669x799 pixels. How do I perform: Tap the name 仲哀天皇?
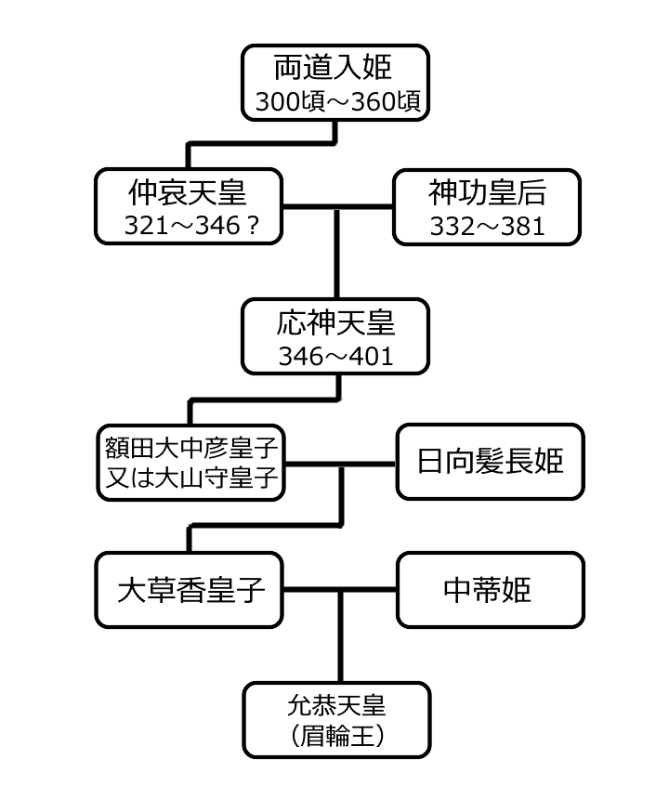point(188,192)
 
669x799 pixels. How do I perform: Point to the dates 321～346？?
point(188,226)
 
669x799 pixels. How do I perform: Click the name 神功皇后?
point(488,192)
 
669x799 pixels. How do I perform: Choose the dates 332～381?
point(488,226)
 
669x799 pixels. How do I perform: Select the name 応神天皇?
point(336,322)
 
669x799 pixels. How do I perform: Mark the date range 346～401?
point(336,355)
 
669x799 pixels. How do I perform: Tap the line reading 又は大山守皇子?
point(190,478)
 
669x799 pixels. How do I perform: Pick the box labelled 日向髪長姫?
point(490,462)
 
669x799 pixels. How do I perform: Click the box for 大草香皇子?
point(189,590)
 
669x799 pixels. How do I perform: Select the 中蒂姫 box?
point(490,590)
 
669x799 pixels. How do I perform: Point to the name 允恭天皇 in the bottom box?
point(336,703)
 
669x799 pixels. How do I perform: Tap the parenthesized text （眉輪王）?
point(336,735)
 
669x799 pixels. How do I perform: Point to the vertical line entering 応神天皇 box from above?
point(336,265)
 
